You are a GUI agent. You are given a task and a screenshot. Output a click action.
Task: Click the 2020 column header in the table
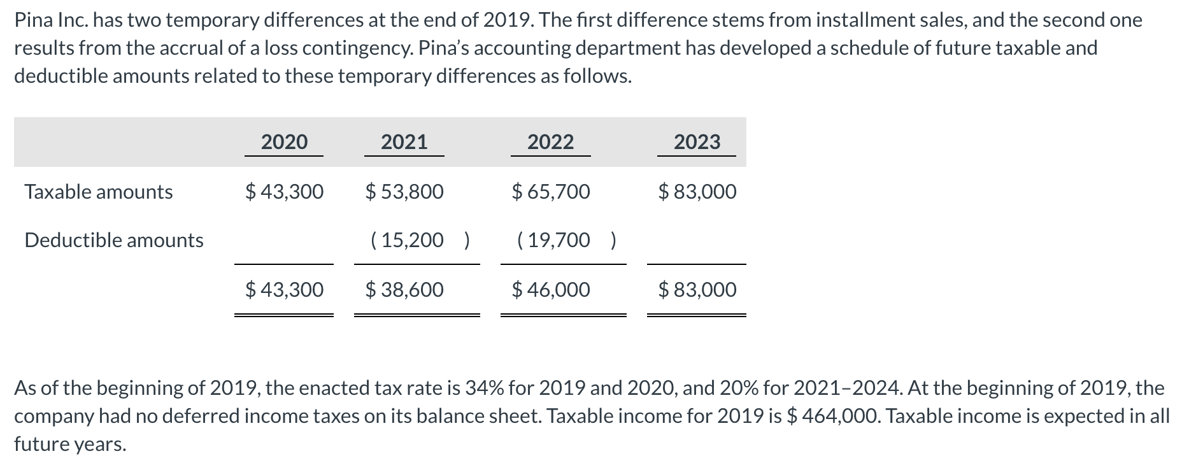[284, 141]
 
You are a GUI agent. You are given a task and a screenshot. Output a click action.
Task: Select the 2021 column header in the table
[404, 141]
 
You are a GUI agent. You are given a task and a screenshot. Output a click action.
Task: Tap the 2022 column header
[550, 141]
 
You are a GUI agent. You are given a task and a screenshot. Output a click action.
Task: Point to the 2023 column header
[697, 141]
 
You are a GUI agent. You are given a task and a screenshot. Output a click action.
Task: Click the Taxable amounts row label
[99, 192]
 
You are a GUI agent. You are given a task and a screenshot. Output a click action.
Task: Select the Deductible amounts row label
[114, 240]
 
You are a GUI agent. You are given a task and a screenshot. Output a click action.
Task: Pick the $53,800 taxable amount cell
[404, 192]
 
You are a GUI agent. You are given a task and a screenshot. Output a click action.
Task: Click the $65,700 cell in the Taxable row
[551, 192]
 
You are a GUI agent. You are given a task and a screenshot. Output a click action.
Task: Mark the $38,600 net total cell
[404, 290]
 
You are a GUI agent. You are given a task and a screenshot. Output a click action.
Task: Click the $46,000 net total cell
[551, 290]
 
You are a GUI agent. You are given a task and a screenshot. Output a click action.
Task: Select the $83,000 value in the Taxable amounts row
[697, 192]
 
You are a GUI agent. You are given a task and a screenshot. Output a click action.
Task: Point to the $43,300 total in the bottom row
[284, 290]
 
